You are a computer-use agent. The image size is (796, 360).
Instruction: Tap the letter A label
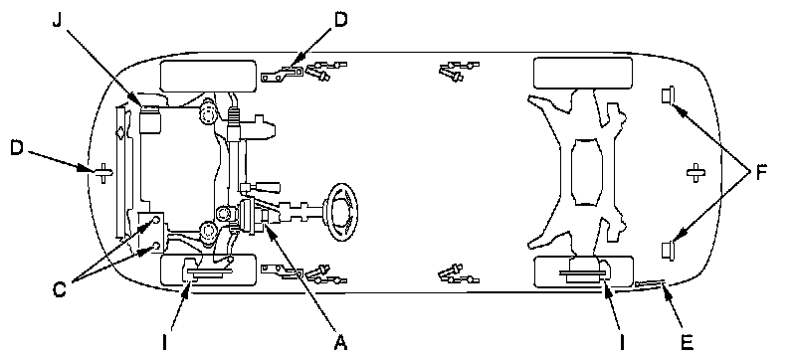(x=340, y=343)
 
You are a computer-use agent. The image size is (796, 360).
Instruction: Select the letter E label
(x=687, y=343)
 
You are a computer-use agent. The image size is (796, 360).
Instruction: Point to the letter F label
(x=760, y=173)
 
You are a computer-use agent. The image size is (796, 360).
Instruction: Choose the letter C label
(x=60, y=290)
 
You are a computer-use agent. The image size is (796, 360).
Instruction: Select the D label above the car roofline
(x=340, y=20)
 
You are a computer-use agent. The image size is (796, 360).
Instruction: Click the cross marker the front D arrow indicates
(x=103, y=173)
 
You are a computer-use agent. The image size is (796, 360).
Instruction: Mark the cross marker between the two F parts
(x=695, y=173)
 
